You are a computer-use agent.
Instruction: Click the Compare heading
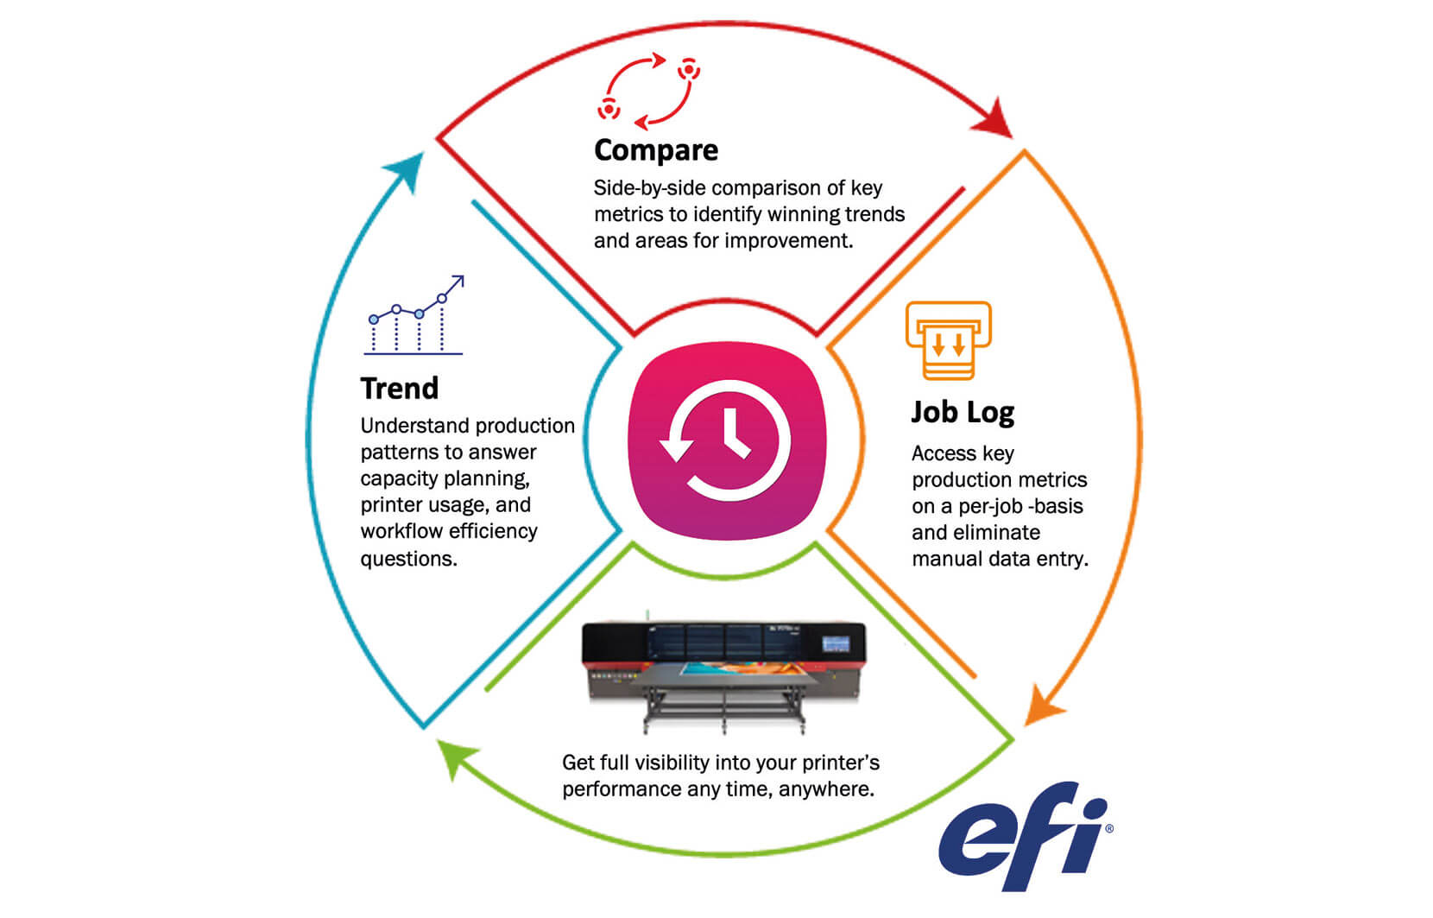tap(656, 151)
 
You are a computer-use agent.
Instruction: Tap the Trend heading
tap(399, 388)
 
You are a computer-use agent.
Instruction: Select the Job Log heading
tap(963, 413)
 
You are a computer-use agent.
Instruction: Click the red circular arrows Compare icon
tap(648, 91)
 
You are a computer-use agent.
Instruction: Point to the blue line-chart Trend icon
tap(413, 315)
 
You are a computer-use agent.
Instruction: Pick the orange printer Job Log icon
tap(948, 340)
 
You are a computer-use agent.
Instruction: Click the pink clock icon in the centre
tap(727, 440)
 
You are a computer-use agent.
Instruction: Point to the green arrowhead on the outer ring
tap(456, 757)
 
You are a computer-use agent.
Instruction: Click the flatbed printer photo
tap(723, 675)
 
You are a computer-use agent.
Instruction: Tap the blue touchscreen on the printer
tap(836, 643)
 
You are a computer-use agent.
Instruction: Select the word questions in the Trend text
tap(409, 559)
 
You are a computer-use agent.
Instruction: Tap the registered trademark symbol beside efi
tap(1109, 828)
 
